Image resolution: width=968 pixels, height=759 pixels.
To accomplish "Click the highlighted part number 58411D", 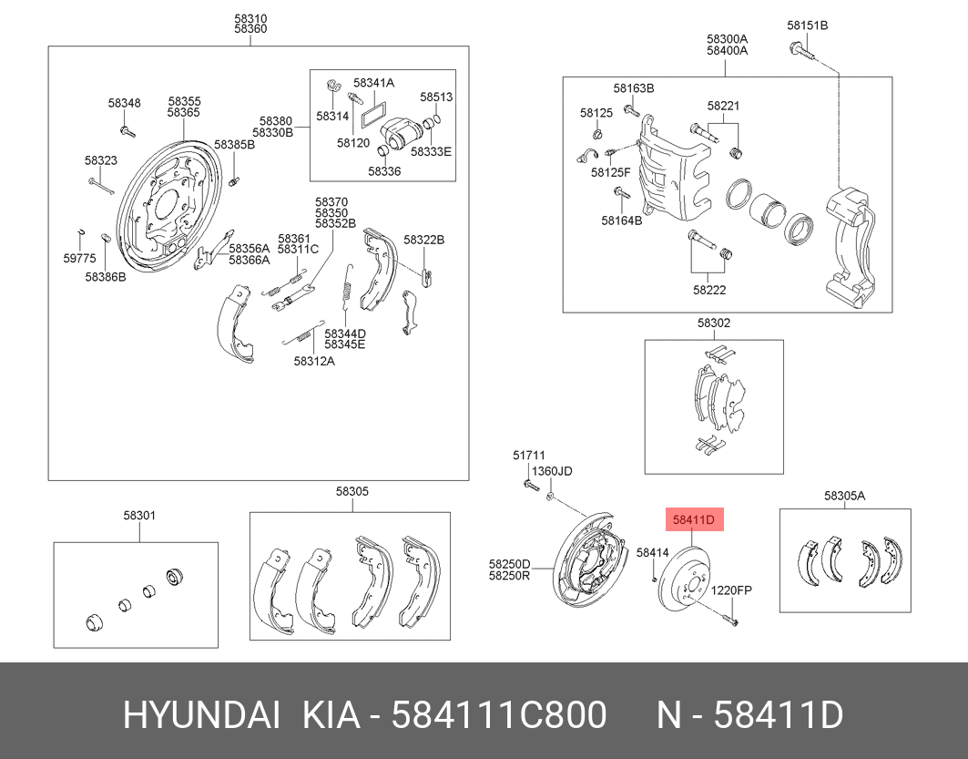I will (x=695, y=521).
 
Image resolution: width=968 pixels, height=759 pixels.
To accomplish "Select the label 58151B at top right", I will (x=807, y=26).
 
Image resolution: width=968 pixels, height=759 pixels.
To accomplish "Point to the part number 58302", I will (x=714, y=323).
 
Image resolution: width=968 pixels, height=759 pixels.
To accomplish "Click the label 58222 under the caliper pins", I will (x=708, y=290).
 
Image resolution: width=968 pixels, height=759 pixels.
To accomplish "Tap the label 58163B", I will (x=633, y=88).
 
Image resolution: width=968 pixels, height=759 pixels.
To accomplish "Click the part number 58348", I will (x=124, y=103).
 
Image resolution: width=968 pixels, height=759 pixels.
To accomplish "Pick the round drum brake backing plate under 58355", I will (x=165, y=205).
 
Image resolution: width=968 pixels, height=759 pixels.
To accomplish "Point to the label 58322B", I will (x=423, y=240).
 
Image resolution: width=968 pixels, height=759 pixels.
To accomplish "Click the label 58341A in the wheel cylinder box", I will (x=373, y=83).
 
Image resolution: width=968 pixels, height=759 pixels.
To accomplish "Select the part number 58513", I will (x=436, y=97).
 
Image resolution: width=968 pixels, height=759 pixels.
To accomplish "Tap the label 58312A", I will (x=314, y=361).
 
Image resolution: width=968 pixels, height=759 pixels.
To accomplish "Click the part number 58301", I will (x=140, y=516).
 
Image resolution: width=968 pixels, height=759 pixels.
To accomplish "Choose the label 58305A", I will (x=844, y=496).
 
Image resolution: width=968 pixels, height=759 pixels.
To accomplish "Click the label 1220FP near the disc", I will (x=731, y=590).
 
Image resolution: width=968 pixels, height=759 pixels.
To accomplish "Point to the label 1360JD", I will (x=552, y=471).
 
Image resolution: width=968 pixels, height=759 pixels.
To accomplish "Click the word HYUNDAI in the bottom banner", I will (x=201, y=716).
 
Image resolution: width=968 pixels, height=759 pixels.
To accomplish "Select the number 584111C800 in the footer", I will (x=498, y=716).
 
